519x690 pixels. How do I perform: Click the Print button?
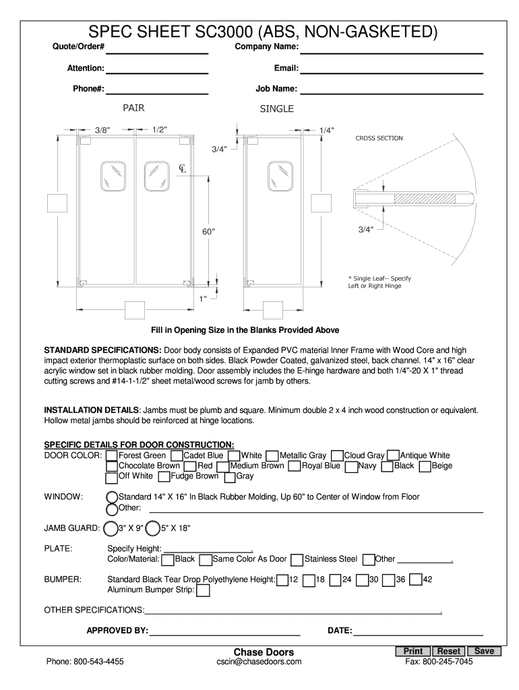pyautogui.click(x=414, y=651)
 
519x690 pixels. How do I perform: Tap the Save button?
pyautogui.click(x=484, y=651)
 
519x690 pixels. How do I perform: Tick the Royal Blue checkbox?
pyautogui.click(x=294, y=466)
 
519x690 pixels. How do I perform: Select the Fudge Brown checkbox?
pyautogui.click(x=164, y=476)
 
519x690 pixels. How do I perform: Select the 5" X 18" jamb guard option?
pyautogui.click(x=153, y=528)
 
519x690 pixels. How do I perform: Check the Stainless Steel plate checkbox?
pyautogui.click(x=297, y=559)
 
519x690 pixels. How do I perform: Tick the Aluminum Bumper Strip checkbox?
pyautogui.click(x=203, y=591)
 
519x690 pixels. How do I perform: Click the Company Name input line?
pyautogui.click(x=392, y=51)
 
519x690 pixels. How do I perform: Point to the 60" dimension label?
pyautogui.click(x=208, y=232)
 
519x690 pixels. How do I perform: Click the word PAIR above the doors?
pyautogui.click(x=133, y=108)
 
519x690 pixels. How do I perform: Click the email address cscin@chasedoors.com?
pyautogui.click(x=264, y=662)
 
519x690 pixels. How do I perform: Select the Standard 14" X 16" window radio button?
pyautogui.click(x=113, y=497)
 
